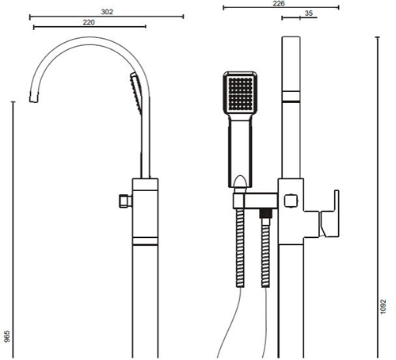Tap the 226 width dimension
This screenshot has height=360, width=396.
point(279,4)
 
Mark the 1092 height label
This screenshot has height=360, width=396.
point(383,307)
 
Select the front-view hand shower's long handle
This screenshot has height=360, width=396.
point(241,151)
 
